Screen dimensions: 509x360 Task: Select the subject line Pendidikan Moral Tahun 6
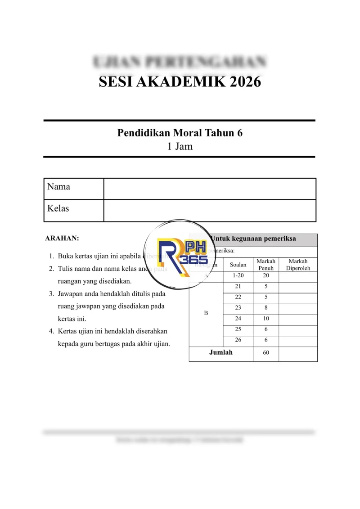click(x=180, y=133)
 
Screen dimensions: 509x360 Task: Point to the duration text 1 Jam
click(x=180, y=146)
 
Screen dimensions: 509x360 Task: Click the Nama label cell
click(x=74, y=189)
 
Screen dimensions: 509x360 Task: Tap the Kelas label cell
click(x=74, y=211)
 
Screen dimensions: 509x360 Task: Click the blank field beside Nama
click(x=210, y=189)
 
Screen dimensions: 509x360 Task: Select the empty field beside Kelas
click(x=210, y=211)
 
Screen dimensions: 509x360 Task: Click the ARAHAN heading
click(x=63, y=238)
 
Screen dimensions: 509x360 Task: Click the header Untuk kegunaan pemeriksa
click(x=253, y=239)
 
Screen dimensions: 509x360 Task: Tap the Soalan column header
click(x=238, y=265)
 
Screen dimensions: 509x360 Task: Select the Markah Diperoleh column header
click(x=298, y=265)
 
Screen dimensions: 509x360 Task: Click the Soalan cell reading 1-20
click(x=238, y=275)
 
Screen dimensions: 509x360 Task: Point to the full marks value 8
click(x=266, y=308)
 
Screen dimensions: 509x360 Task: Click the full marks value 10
click(x=266, y=319)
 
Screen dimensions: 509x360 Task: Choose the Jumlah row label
click(x=221, y=352)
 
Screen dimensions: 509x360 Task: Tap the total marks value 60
click(x=266, y=353)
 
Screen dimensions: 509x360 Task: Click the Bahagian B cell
click(x=206, y=313)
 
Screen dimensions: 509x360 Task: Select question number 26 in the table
click(x=238, y=340)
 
